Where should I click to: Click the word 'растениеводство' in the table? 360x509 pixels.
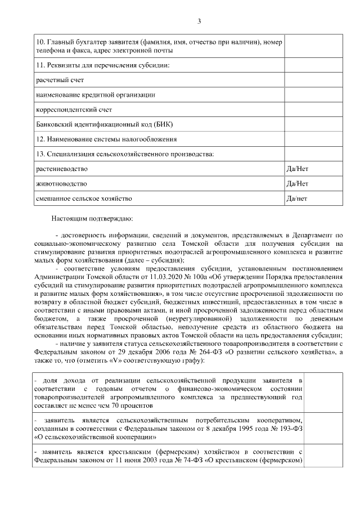(61, 169)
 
